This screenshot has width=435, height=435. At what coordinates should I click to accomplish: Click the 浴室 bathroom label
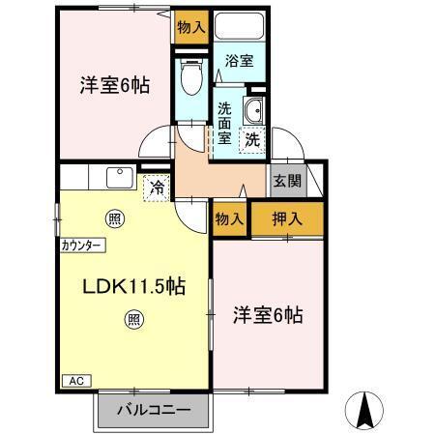click(240, 61)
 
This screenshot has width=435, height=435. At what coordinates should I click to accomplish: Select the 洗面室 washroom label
click(224, 123)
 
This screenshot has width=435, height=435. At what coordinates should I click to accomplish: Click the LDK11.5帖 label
click(133, 286)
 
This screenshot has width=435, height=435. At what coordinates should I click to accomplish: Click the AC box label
click(75, 382)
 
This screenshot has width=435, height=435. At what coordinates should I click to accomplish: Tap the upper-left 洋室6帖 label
click(114, 85)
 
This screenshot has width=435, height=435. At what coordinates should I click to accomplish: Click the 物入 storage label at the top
click(191, 27)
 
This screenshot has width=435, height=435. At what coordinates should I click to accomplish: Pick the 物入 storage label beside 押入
click(230, 219)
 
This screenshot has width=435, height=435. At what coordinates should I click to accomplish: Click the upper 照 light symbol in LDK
click(115, 218)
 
